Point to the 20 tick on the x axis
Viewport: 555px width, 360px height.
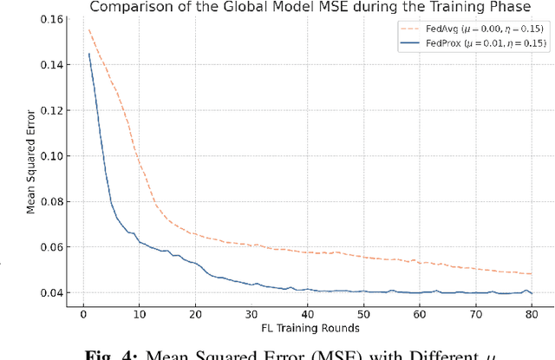[x=195, y=313]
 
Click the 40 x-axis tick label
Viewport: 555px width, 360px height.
[x=307, y=313]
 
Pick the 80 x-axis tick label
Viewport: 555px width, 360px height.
[x=531, y=313]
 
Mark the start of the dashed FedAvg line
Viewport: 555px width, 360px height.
[x=88, y=30]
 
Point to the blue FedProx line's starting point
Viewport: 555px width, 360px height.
[x=88, y=54]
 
